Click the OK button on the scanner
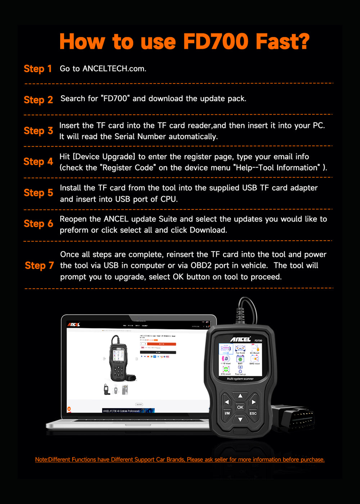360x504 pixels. click(240, 407)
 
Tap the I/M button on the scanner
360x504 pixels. click(227, 413)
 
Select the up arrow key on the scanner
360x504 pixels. click(240, 396)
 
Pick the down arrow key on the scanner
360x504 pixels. click(240, 419)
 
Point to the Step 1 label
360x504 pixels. click(38, 69)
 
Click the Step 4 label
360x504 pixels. click(38, 162)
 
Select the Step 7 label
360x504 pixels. click(39, 266)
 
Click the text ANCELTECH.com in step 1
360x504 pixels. click(114, 69)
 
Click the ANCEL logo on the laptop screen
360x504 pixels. click(74, 324)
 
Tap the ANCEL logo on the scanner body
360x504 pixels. click(240, 339)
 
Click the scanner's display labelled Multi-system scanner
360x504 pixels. click(240, 362)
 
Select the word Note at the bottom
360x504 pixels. click(41, 460)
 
